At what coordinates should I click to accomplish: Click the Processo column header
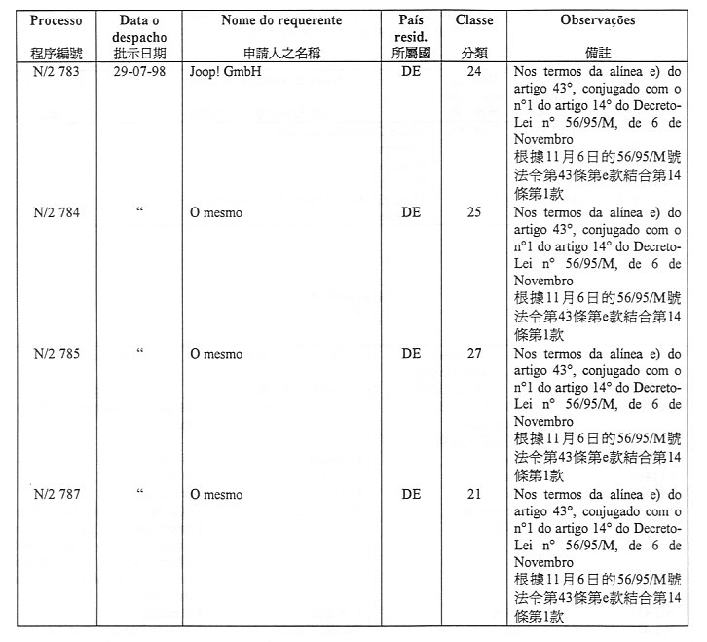pyautogui.click(x=56, y=19)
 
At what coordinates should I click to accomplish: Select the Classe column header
pyautogui.click(x=474, y=19)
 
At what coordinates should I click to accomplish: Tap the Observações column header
pyautogui.click(x=598, y=19)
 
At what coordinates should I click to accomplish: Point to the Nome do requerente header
pyautogui.click(x=281, y=19)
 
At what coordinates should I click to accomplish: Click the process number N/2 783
pyautogui.click(x=56, y=73)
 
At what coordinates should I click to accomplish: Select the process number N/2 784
pyautogui.click(x=56, y=213)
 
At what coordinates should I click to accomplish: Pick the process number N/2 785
pyautogui.click(x=56, y=354)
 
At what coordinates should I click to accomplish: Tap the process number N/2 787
pyautogui.click(x=56, y=494)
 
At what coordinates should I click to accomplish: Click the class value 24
pyautogui.click(x=474, y=73)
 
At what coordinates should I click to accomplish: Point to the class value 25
pyautogui.click(x=474, y=213)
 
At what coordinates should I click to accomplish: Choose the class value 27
pyautogui.click(x=474, y=354)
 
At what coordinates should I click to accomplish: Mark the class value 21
pyautogui.click(x=474, y=494)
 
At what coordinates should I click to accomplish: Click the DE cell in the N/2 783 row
pyautogui.click(x=411, y=73)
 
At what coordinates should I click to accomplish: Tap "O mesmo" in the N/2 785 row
pyautogui.click(x=216, y=355)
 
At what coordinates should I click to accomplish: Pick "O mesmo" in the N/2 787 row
pyautogui.click(x=216, y=495)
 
